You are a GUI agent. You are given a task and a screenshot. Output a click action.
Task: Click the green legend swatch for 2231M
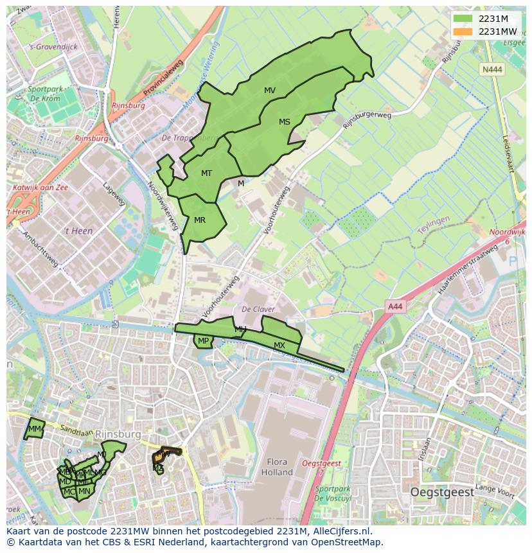click(x=462, y=19)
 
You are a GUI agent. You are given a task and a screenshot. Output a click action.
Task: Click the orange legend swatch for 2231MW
click(x=462, y=31)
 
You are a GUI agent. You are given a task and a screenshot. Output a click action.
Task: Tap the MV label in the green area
click(x=270, y=91)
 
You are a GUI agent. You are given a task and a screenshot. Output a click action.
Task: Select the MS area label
click(x=285, y=122)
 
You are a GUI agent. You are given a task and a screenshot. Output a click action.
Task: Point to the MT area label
click(x=206, y=173)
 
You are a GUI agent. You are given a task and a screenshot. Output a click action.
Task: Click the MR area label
click(x=200, y=220)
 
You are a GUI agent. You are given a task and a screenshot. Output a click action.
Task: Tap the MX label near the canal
click(x=279, y=346)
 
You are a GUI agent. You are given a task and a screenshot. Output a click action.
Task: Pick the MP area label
click(x=203, y=341)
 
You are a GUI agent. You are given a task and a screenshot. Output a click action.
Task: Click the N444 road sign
click(x=493, y=69)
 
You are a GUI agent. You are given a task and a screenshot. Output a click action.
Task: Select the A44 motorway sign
click(x=395, y=307)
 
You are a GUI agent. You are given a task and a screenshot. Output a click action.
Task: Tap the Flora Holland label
click(x=277, y=467)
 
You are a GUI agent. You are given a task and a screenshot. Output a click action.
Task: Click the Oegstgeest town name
click(x=442, y=493)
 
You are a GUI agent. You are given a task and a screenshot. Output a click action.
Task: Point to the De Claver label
click(x=258, y=310)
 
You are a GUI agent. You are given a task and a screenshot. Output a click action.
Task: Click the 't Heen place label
click(x=79, y=231)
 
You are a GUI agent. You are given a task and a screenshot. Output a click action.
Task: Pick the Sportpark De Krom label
click(x=44, y=94)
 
